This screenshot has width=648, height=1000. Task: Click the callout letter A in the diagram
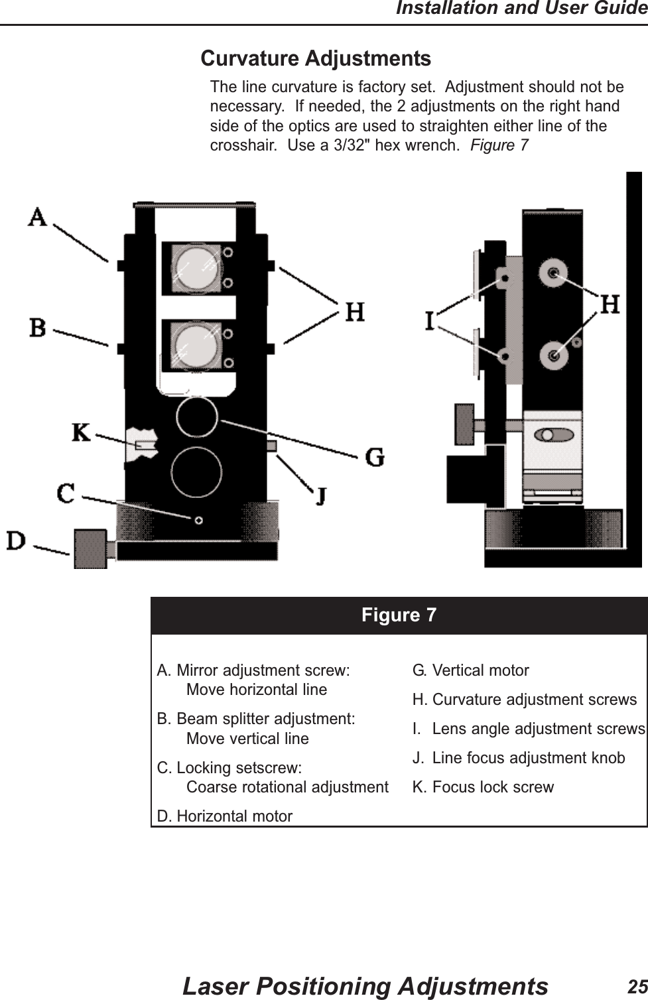coord(38,217)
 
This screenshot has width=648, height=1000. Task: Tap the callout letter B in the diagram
coord(38,328)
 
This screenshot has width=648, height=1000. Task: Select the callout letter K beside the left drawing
coord(82,433)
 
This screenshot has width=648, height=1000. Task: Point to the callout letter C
coord(66,493)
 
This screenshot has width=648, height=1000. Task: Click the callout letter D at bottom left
coord(17,540)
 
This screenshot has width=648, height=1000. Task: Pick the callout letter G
coord(375,457)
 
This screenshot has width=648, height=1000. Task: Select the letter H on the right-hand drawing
coord(610,304)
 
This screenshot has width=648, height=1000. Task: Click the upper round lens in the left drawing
coord(196,268)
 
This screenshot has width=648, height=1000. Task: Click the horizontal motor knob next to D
coord(90,548)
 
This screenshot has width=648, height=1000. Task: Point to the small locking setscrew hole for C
coord(198,521)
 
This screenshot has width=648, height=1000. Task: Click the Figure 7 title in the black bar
coord(399,615)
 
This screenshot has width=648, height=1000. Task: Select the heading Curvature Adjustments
coord(316,58)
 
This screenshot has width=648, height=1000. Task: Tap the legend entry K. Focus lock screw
coord(483,787)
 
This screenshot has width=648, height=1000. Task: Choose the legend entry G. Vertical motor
coord(471,670)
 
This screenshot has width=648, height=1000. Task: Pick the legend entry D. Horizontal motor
coord(225,816)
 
